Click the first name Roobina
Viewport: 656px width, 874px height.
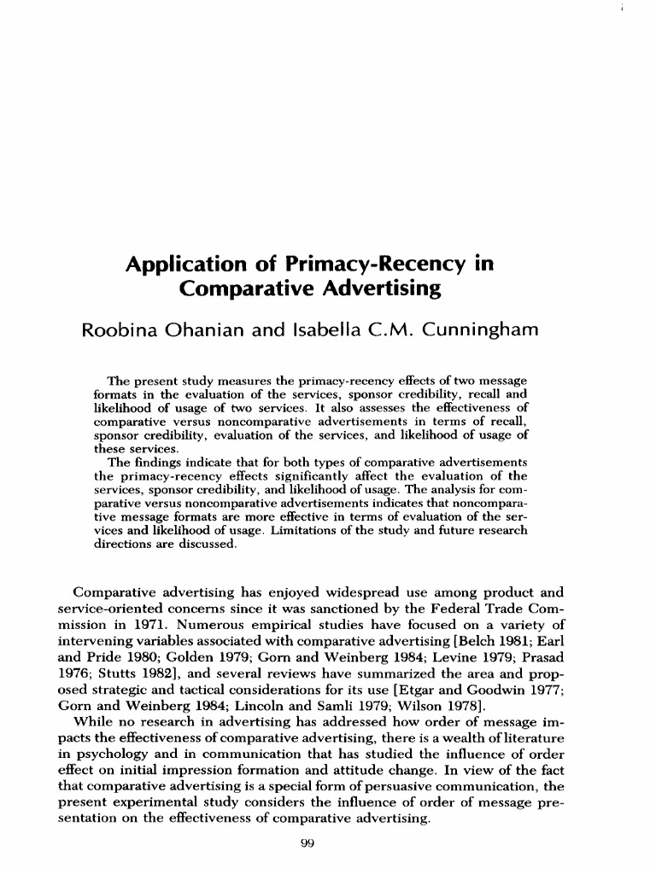point(119,330)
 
